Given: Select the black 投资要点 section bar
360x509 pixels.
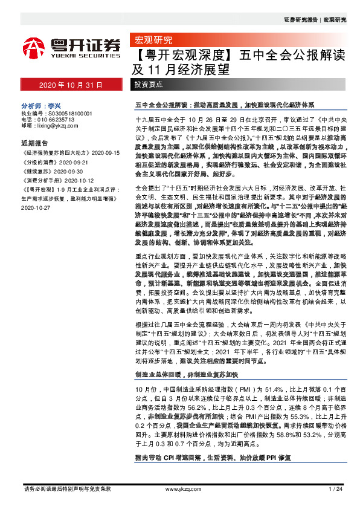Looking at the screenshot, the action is pos(149,85).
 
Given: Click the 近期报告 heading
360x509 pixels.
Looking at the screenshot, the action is pos(34,144).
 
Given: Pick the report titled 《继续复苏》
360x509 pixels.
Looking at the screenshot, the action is pos(34,172).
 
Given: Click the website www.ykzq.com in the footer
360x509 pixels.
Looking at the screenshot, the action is pos(182,488).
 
